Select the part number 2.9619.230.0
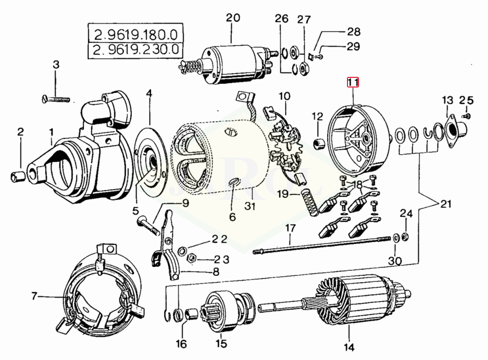pyautogui.click(x=135, y=49)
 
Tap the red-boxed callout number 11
pyautogui.click(x=353, y=82)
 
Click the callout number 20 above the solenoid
pyautogui.click(x=233, y=17)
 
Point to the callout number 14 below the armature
pyautogui.click(x=349, y=347)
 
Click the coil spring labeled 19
pyautogui.click(x=309, y=202)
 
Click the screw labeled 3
pyautogui.click(x=56, y=99)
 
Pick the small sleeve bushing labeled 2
pyautogui.click(x=18, y=177)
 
